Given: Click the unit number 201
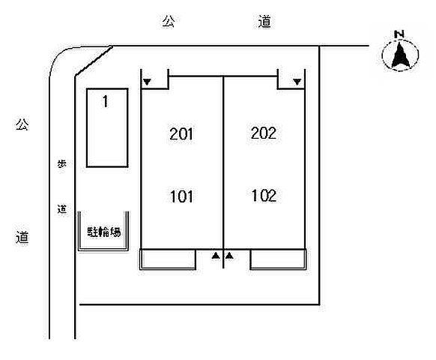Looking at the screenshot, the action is click(181, 134).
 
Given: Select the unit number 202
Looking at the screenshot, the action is click(264, 133).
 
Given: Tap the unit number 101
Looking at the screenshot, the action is click(181, 196).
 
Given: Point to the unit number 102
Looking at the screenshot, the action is click(264, 196).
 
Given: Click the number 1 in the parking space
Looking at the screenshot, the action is click(105, 101).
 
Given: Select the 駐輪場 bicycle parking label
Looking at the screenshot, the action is click(104, 232).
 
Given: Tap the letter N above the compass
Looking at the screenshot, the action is click(399, 34).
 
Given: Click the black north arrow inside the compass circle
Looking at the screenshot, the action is click(400, 55).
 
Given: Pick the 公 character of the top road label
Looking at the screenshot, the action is click(169, 22).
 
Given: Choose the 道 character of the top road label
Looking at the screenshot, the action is click(264, 22).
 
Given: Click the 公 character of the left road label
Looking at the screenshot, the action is click(22, 124).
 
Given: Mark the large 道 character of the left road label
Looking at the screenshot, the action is click(22, 238).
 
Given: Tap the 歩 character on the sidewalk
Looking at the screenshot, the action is click(61, 163).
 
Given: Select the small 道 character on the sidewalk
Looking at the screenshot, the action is click(62, 208).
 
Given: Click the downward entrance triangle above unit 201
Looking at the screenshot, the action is click(147, 82).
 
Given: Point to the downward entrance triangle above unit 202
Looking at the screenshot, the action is click(297, 82).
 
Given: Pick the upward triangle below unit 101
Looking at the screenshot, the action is click(216, 255).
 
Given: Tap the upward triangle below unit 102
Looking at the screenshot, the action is click(229, 255).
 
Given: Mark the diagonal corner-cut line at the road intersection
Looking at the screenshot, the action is click(94, 61).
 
